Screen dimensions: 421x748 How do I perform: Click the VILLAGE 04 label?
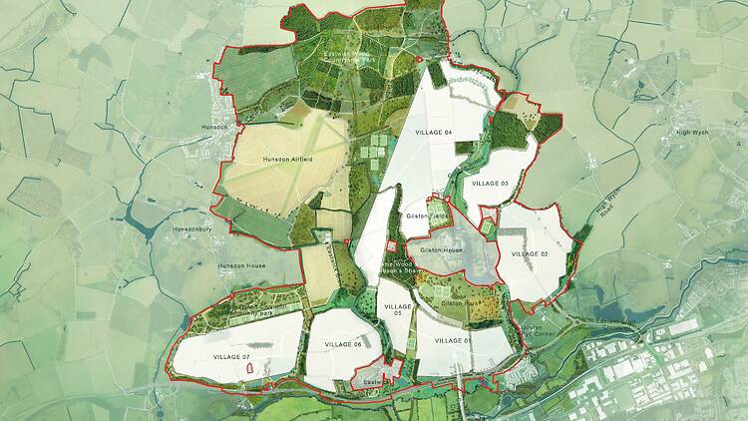(433, 133)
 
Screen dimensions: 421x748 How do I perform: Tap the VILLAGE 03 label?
(491, 184)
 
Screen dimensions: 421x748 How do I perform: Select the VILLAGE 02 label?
(530, 254)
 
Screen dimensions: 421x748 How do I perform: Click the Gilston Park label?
(458, 300)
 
